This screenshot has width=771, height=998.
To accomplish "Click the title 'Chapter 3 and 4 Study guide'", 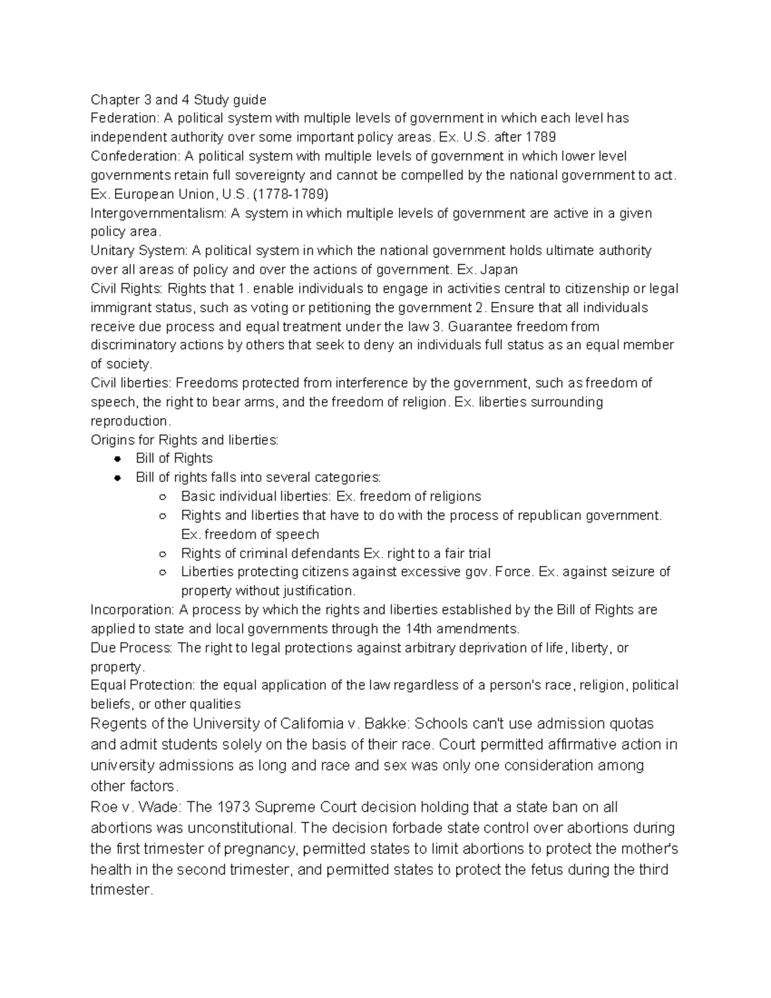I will click(178, 100).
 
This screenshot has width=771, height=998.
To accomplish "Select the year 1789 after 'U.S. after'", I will click(540, 137).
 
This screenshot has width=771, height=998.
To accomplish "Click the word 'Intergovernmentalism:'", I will click(158, 213).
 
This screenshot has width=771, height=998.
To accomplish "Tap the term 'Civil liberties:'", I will click(131, 383).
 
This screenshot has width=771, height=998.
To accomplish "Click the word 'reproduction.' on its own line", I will click(131, 421).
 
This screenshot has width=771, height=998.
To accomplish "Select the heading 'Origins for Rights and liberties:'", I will click(184, 440).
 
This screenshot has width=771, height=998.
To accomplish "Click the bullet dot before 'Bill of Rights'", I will click(117, 459).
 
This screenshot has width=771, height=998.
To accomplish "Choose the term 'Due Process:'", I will click(131, 648).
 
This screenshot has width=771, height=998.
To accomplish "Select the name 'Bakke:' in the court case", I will click(387, 724).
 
